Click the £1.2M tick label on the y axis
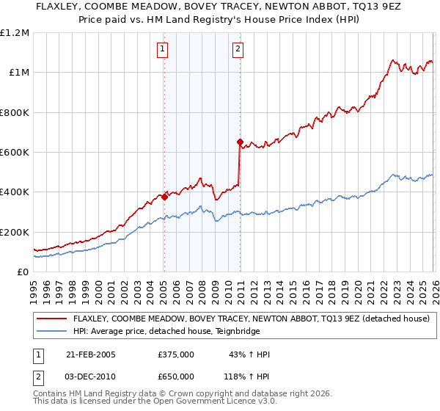pyautogui.click(x=15, y=33)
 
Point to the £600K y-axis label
pyautogui.click(x=15, y=153)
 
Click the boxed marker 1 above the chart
pyautogui.click(x=161, y=50)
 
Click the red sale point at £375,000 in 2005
pyautogui.click(x=164, y=197)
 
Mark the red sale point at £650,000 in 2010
pyautogui.click(x=240, y=142)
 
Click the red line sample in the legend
pyautogui.click(x=51, y=319)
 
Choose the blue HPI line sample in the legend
pyautogui.click(x=51, y=331)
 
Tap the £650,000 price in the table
pyautogui.click(x=176, y=376)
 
